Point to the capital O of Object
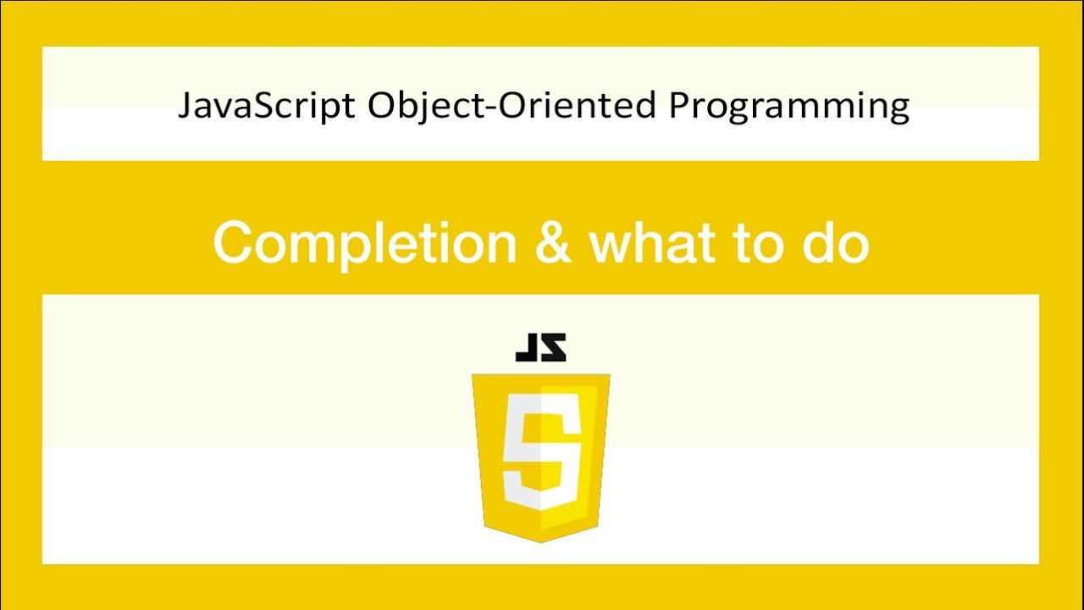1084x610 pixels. tap(383, 106)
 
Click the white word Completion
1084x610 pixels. tap(365, 244)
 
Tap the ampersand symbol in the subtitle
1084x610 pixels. tap(553, 244)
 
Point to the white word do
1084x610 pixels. tap(834, 244)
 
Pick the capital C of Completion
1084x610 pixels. tap(234, 244)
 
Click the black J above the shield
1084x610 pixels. tap(528, 347)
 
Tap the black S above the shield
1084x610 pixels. tap(553, 347)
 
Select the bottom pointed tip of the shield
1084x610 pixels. tap(540, 541)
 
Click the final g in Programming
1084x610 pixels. tap(899, 110)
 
